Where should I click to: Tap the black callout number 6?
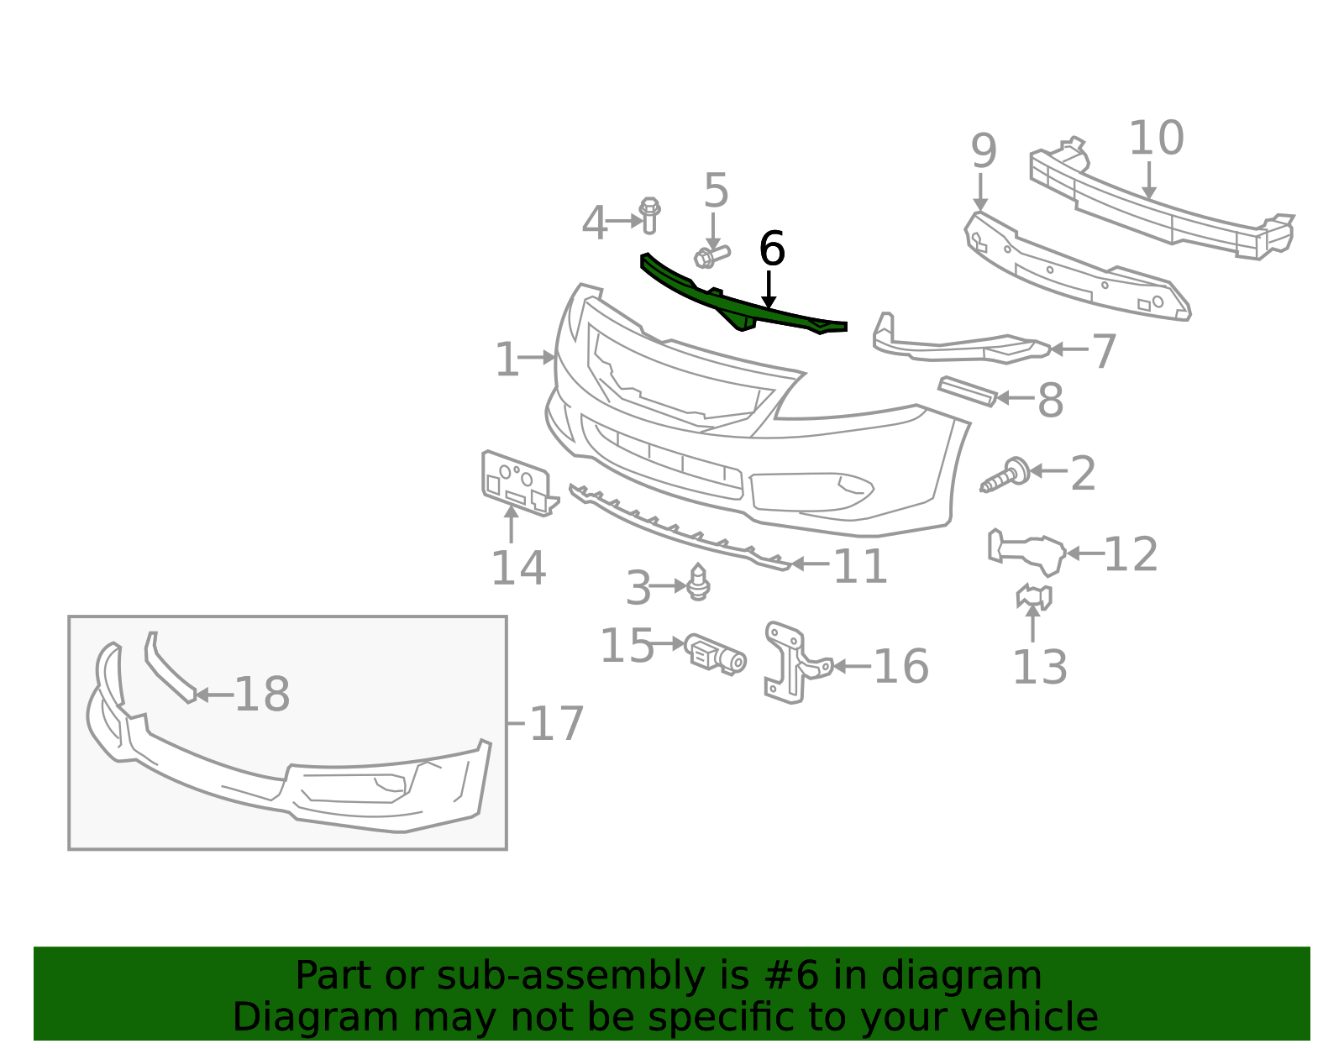[x=772, y=249]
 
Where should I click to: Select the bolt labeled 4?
[x=648, y=215]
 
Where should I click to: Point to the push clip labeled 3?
[x=698, y=582]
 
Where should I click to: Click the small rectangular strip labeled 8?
[x=968, y=391]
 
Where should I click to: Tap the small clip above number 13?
[x=1033, y=596]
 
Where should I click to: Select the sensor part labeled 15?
[x=716, y=654]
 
